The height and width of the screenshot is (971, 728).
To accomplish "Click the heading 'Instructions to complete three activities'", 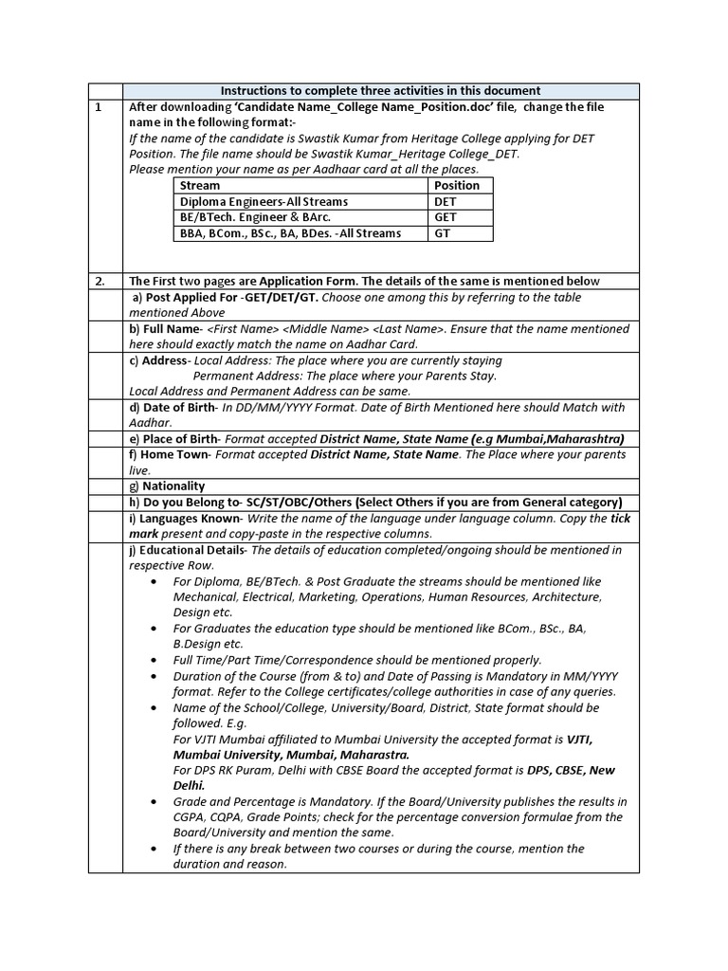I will tap(381, 90).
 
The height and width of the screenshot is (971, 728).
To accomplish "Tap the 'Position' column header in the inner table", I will tap(457, 186).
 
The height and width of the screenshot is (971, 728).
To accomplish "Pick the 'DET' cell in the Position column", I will tap(446, 202).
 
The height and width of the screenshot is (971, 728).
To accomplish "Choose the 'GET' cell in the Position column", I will tap(446, 217).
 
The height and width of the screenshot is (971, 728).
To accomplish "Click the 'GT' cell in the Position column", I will tap(442, 233).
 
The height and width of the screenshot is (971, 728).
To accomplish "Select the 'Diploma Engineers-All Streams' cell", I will tap(264, 202).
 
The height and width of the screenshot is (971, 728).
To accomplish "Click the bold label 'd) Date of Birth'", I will tap(172, 408).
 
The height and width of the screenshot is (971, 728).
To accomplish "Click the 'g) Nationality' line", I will tap(167, 486).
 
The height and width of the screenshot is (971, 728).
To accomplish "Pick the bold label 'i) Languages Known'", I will tap(185, 519).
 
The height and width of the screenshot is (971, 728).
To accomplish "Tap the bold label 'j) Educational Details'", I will tap(188, 550).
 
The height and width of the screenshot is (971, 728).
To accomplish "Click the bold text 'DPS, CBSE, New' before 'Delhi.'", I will tap(578, 770).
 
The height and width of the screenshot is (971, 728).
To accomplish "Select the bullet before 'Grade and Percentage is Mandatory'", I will tap(155, 802).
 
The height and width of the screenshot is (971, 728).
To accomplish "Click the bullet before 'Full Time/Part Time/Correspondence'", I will tap(155, 660).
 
